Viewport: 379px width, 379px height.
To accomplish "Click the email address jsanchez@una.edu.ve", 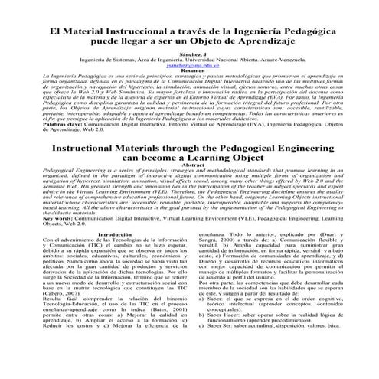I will [x=188, y=67].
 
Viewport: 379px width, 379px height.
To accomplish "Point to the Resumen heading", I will [x=189, y=72].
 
